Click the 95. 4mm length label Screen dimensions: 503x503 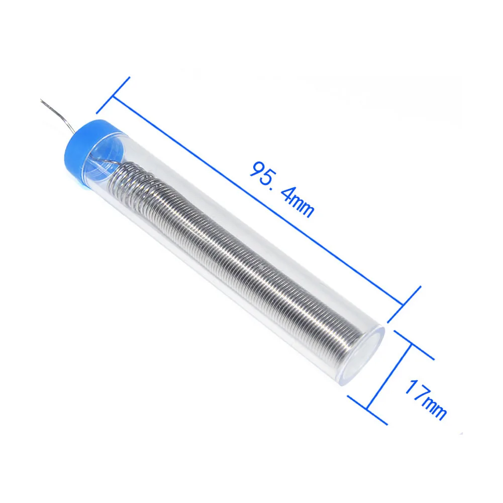pyautogui.click(x=281, y=188)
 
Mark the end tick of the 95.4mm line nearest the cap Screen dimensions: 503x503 pyautogui.click(x=114, y=95)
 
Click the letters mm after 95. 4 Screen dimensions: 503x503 pyautogui.click(x=305, y=207)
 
